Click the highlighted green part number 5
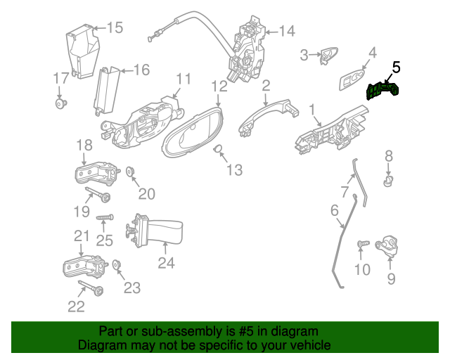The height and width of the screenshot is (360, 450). [382, 90]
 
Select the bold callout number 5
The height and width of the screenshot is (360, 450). [396, 67]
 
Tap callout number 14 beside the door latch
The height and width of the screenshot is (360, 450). [287, 31]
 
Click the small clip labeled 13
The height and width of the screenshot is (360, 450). [218, 148]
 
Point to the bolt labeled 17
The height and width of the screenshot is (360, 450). [60, 103]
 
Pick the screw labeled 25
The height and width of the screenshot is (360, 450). [105, 217]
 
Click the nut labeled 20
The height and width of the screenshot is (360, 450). [131, 172]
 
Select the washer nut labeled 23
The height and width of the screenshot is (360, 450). [116, 264]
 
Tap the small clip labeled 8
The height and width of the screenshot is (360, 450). [389, 181]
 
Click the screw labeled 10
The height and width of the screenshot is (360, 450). [364, 244]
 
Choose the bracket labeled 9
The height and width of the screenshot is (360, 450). [387, 245]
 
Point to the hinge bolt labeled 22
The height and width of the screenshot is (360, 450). [91, 288]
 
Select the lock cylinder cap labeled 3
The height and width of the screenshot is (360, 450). [329, 55]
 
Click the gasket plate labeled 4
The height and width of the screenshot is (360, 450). [352, 79]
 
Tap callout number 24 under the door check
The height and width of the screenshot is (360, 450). [166, 263]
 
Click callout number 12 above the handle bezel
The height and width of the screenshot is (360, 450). [219, 86]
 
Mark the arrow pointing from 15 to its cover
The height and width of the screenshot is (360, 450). [100, 28]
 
